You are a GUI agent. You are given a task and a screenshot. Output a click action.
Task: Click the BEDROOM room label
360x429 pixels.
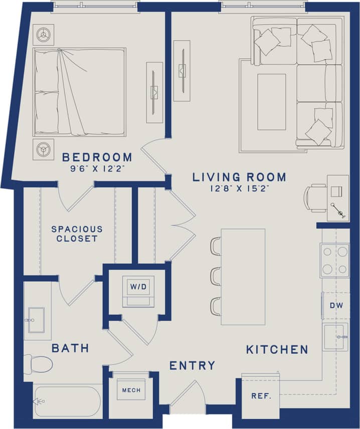97,157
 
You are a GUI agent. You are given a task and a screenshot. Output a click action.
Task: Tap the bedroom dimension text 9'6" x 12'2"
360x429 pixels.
97,169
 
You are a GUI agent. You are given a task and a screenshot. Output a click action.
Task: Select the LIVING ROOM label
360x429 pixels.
240,177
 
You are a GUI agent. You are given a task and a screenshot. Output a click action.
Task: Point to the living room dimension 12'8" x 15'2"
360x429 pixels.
240,188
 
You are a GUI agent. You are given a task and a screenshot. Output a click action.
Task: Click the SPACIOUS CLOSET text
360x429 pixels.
77,234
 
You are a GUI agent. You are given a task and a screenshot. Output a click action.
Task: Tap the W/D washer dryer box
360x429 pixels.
138,290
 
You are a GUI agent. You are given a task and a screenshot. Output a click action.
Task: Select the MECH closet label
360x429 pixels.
131,390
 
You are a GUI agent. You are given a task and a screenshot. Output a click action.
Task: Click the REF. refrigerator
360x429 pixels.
261,395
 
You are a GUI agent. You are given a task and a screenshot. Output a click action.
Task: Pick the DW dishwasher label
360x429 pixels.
335,305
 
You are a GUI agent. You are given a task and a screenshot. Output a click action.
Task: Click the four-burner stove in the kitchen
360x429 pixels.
335,261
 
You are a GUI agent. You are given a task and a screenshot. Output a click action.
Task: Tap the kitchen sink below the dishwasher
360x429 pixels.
335,337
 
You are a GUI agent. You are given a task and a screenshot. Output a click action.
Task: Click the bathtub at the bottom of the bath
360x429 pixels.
67,401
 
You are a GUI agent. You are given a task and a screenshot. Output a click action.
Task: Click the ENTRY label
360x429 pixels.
192,365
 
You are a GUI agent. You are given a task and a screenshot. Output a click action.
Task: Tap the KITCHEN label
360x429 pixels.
277,349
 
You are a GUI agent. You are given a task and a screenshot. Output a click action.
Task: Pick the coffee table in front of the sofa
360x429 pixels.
272,102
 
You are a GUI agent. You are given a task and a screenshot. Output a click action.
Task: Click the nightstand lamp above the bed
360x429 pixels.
44,34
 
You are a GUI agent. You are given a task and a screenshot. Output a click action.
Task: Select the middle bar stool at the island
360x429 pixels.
216,276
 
